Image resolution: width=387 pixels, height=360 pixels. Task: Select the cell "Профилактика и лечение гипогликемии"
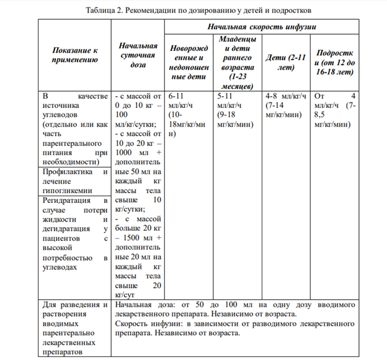click(74, 182)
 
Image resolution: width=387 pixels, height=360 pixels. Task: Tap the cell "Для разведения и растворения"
click(74, 328)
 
